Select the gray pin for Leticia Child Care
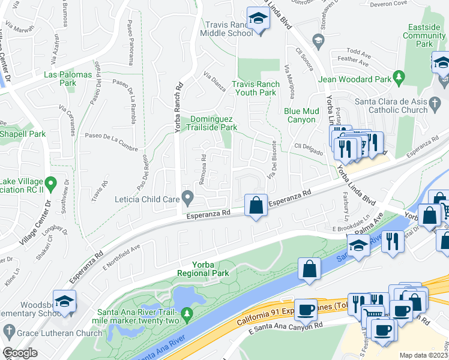pos(188,196)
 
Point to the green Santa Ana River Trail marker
pos(188,313)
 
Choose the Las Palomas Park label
pos(67,79)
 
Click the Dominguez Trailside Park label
pos(214,123)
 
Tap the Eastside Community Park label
pos(424,35)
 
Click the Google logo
pos(19,353)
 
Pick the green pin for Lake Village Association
pos(51,182)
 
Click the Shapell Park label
pos(23,134)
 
